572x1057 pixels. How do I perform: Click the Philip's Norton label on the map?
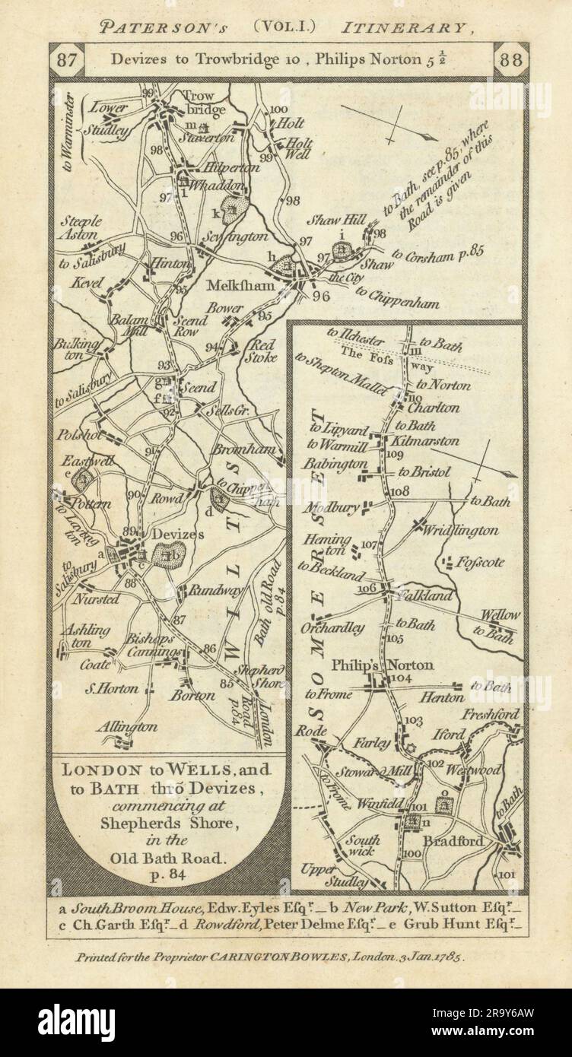pyautogui.click(x=386, y=665)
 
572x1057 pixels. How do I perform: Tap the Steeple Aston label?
pyautogui.click(x=81, y=228)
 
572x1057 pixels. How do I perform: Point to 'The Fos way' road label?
pyautogui.click(x=364, y=357)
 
